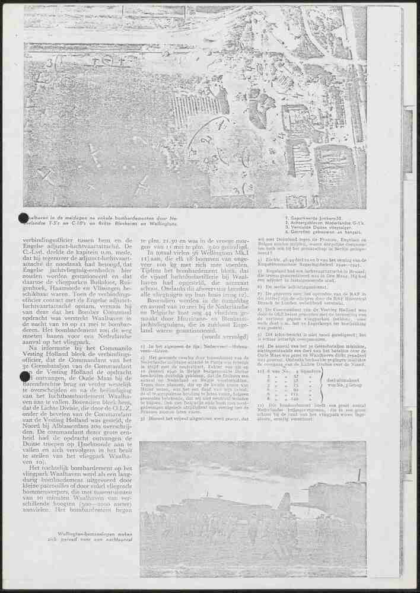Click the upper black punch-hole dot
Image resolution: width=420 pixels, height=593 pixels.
(x=24, y=218)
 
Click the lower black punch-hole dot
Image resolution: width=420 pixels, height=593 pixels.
(x=24, y=376)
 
